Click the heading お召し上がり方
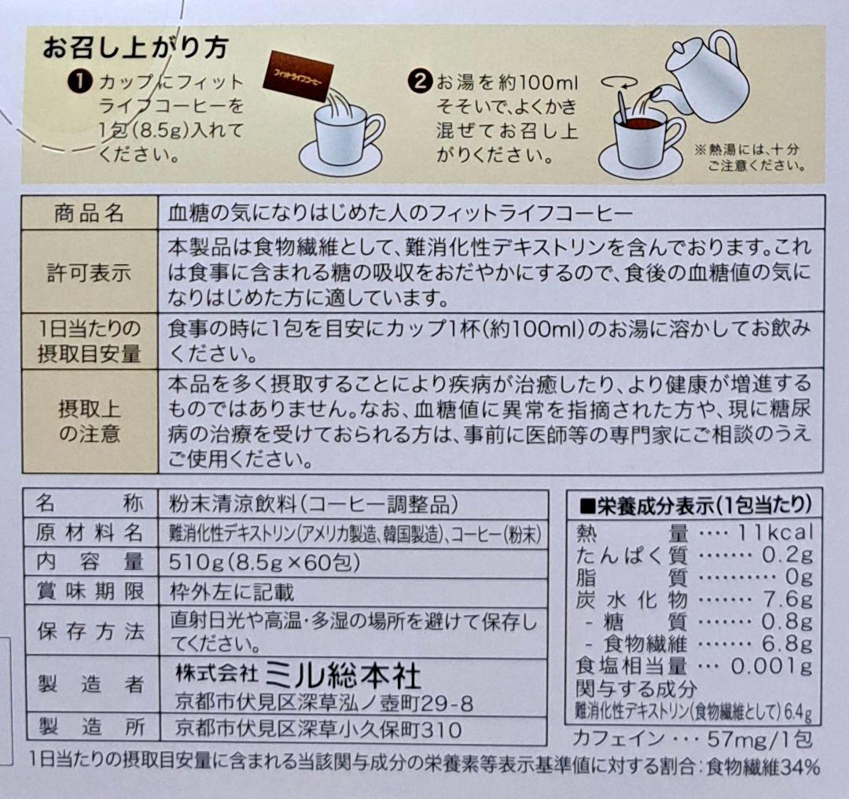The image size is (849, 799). pos(135,48)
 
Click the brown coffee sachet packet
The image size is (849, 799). pos(299,73)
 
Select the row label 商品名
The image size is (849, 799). pos(90,213)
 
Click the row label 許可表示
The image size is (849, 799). pos(90,273)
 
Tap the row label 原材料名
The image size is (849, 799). pos(90,533)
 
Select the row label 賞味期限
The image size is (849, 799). pos(90,590)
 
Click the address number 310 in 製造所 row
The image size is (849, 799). pos(442,727)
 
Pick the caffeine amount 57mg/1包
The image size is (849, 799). pos(735,738)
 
